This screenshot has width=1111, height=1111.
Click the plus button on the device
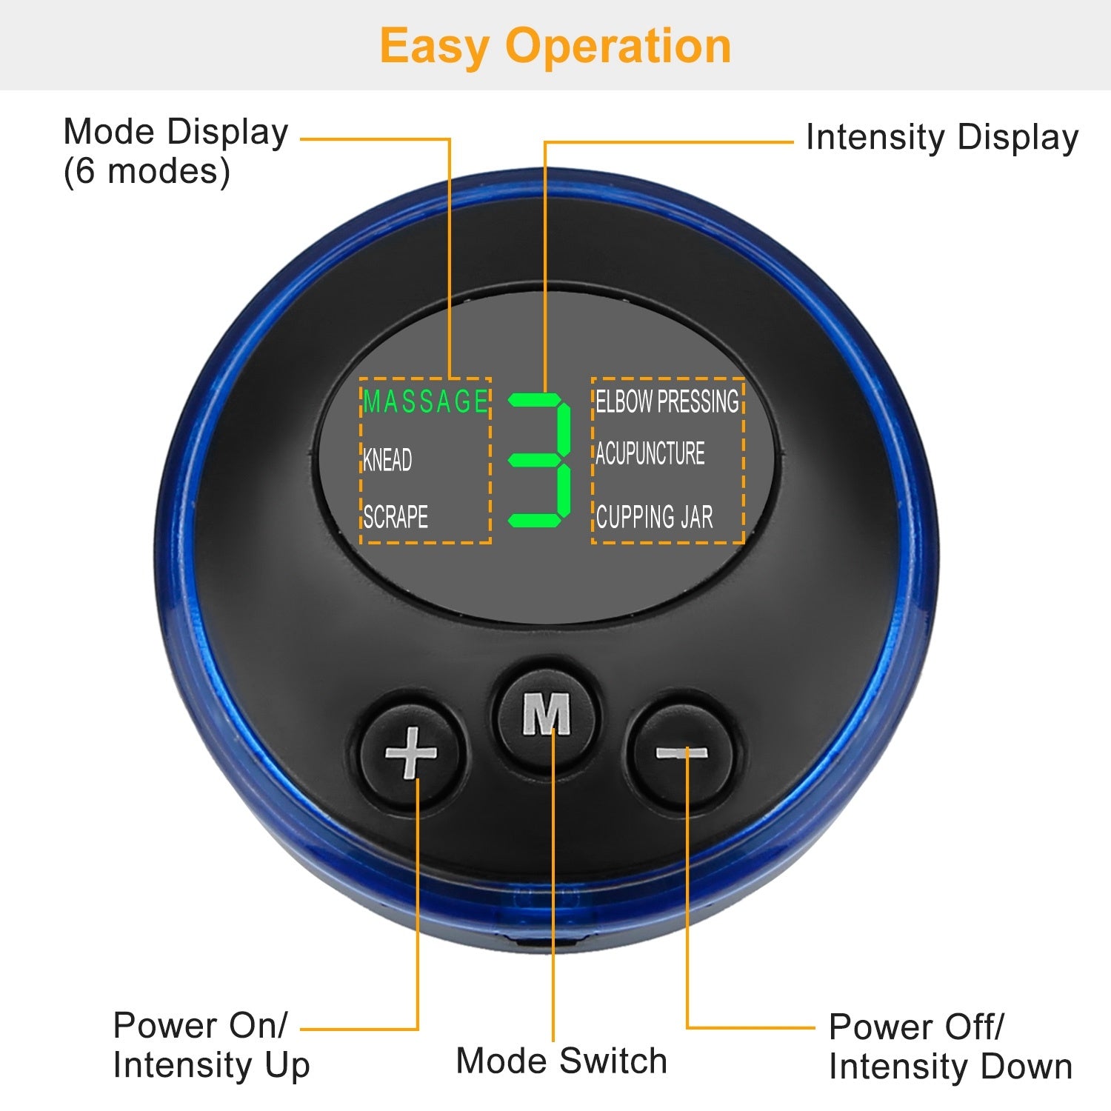[x=411, y=753]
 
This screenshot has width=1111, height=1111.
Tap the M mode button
[x=547, y=714]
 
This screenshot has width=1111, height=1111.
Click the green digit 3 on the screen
[x=540, y=460]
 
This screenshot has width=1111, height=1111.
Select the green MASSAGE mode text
[x=426, y=401]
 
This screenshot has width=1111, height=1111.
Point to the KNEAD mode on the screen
[x=387, y=460]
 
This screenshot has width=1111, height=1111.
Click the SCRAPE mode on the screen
[x=396, y=516]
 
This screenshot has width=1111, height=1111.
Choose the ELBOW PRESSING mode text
[x=667, y=401]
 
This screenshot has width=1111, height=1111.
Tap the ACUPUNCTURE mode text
[x=650, y=453]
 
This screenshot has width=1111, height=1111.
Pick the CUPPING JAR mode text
[x=654, y=516]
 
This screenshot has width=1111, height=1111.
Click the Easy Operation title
[x=555, y=46]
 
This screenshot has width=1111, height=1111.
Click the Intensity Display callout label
[x=941, y=138]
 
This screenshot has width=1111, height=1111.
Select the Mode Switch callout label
[x=561, y=1061]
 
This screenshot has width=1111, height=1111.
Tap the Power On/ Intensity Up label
[x=211, y=1045]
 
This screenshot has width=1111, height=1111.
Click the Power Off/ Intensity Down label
[x=950, y=1047]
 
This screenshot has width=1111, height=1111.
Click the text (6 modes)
[x=147, y=172]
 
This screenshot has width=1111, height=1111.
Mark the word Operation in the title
[x=618, y=46]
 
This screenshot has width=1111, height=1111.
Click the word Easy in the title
[x=434, y=46]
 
